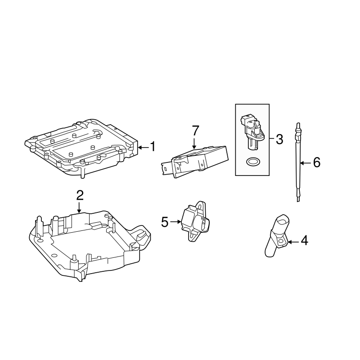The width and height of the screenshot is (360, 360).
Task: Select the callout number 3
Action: pos(279,139)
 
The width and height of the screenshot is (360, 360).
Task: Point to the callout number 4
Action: pos(304,241)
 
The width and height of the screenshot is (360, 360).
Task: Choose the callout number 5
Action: pos(164,221)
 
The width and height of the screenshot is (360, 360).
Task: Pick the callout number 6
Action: pos(316,163)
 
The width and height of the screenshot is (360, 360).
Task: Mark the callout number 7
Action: pos(194,131)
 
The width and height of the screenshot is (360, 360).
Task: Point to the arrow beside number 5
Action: pos(175,221)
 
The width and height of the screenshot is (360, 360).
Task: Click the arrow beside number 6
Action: pos(305,163)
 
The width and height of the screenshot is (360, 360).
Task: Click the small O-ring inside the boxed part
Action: pos(253,161)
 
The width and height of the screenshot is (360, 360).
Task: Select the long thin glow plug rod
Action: pos(297,162)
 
